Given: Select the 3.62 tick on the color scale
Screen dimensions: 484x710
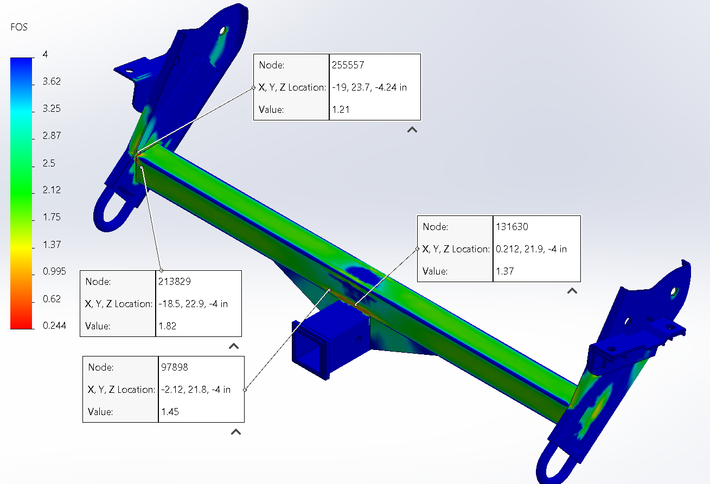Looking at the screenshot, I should (52, 81).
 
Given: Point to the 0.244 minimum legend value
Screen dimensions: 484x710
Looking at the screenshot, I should (54, 326).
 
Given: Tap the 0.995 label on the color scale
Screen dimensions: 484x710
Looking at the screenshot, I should (54, 271).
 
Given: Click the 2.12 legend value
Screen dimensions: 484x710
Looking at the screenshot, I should (52, 190).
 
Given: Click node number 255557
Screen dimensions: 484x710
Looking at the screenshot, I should (348, 65).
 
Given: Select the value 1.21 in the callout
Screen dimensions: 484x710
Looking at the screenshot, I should (340, 109).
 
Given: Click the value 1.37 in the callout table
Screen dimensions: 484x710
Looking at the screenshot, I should (504, 271).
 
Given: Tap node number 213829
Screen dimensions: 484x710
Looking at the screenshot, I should (175, 282).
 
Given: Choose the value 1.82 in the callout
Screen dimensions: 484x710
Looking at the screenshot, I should (168, 326).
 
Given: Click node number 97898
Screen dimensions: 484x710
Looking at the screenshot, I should (174, 367).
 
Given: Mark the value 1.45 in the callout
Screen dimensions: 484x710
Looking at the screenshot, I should (170, 412).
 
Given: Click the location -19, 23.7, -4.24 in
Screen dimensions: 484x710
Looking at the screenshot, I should (369, 87).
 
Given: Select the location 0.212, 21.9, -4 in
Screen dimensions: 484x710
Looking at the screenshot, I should (531, 249).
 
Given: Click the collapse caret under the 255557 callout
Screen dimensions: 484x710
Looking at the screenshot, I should (412, 130).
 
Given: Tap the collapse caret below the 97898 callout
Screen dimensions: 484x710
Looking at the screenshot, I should (236, 432).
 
